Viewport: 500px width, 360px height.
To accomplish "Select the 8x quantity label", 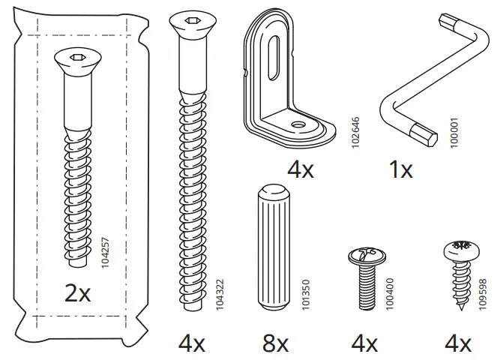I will point(274,343).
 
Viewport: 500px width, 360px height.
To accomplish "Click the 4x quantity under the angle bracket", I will point(301,169).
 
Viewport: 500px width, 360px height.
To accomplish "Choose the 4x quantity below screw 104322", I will point(192,343).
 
